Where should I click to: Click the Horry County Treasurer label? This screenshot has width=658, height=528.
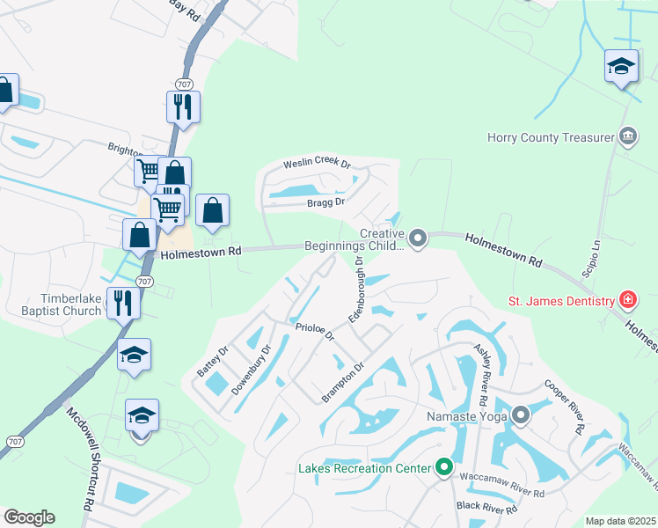(552, 137)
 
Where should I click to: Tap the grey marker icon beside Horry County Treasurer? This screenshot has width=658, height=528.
(628, 136)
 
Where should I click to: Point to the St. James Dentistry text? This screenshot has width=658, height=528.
(560, 301)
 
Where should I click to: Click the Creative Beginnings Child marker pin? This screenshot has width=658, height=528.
(419, 238)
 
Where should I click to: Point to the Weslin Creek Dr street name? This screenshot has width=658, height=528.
(317, 165)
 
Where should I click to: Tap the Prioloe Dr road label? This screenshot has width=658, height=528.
(315, 331)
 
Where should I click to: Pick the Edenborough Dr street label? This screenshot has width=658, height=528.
(356, 289)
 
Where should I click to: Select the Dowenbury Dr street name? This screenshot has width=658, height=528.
(249, 378)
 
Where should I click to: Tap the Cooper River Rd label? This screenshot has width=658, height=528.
(563, 407)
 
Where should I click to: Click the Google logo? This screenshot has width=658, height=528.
(29, 517)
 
